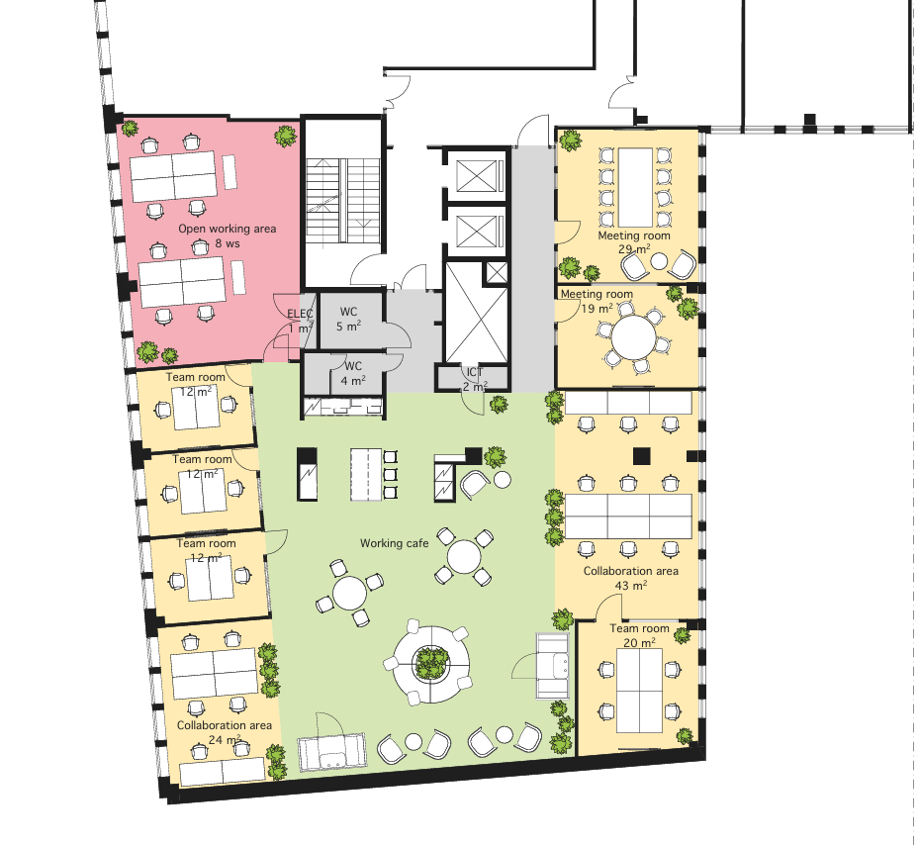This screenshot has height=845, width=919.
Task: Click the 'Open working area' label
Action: tap(227, 229)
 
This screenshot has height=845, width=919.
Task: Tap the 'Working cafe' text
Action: tap(394, 543)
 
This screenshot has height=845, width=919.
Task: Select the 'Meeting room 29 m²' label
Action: tap(634, 242)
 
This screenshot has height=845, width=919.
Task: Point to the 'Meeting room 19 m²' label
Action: tap(597, 301)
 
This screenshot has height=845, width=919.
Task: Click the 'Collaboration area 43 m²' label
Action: tap(631, 578)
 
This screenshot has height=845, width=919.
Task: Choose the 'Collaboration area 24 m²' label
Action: tap(224, 732)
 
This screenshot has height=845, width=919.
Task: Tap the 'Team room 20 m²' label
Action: tap(639, 635)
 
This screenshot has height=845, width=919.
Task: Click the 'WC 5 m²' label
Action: tap(348, 319)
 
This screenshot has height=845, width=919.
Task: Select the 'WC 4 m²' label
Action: tap(353, 374)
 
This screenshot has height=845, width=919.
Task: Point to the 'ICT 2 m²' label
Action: tap(475, 379)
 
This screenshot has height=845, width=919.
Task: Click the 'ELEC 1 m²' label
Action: tap(300, 321)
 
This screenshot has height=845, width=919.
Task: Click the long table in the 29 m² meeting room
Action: tap(635, 187)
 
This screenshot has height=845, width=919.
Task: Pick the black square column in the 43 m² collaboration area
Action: tap(642, 455)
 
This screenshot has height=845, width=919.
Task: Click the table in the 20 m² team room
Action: tap(639, 691)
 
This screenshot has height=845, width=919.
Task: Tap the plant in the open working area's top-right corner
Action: tap(286, 136)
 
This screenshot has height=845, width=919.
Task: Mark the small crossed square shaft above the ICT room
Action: tap(497, 273)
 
